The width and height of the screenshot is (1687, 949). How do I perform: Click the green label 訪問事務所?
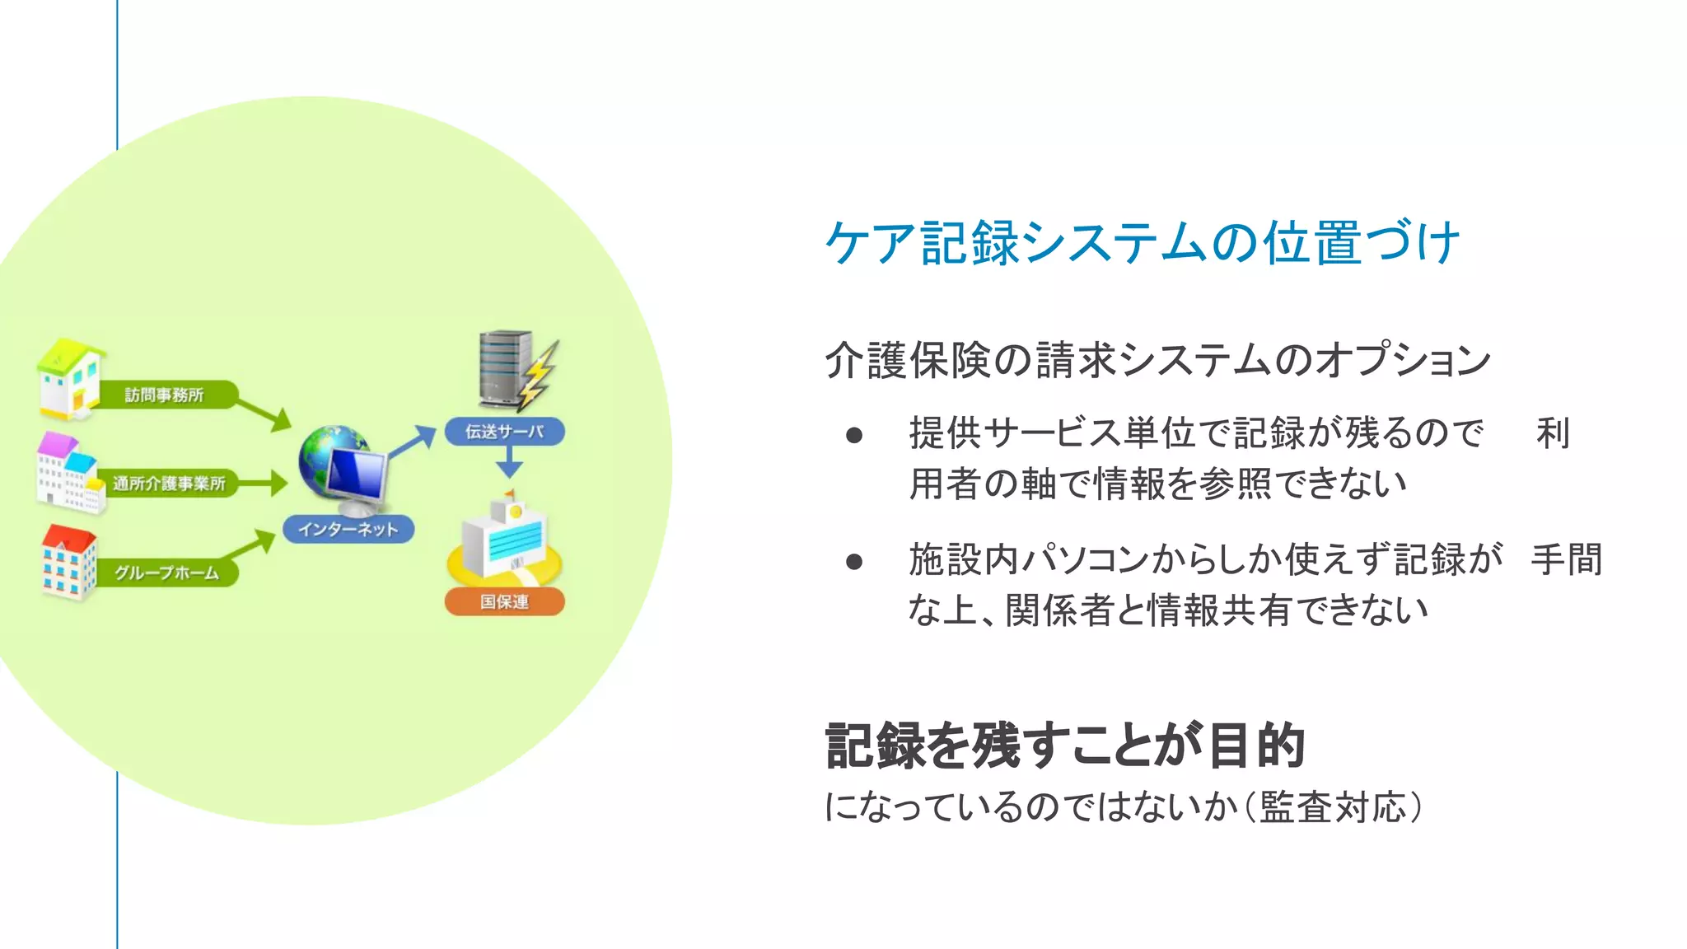165,395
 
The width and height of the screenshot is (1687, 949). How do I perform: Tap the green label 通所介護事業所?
169,484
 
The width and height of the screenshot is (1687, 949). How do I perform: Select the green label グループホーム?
166,573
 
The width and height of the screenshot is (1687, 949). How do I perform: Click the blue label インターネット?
348,529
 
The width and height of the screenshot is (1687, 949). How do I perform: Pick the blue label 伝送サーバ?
504,431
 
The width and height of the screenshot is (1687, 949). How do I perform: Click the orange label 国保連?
504,601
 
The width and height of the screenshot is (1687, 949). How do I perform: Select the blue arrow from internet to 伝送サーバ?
412,442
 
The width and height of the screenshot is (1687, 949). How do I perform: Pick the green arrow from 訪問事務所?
264,412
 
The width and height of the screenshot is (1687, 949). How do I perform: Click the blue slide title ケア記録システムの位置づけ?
1143,243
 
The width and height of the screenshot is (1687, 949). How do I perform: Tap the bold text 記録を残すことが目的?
1064,746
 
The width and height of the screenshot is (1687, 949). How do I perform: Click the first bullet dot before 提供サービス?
854,435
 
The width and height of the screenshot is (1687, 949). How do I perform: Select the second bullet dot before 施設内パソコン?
854,562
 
